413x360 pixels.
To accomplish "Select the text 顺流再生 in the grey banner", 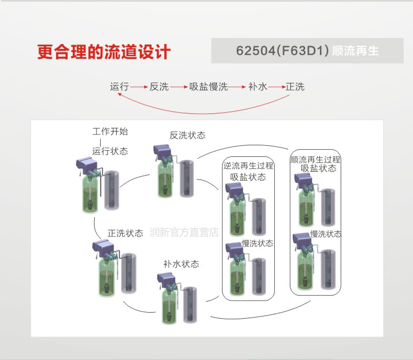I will (356, 51).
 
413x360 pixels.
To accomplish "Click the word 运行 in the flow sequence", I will (119, 87).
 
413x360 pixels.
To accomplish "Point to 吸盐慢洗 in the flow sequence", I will (209, 87).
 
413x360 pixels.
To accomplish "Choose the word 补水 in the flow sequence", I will (257, 87).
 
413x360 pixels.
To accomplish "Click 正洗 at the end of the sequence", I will (295, 87).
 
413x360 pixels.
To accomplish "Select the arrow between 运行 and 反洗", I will (139, 87).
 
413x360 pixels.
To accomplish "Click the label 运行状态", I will (110, 151).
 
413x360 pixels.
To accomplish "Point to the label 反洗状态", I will (187, 135).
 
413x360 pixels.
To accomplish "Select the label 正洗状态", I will (125, 233).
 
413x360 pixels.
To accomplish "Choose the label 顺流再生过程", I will (316, 160).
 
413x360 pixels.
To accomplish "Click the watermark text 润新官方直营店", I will (184, 233).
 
